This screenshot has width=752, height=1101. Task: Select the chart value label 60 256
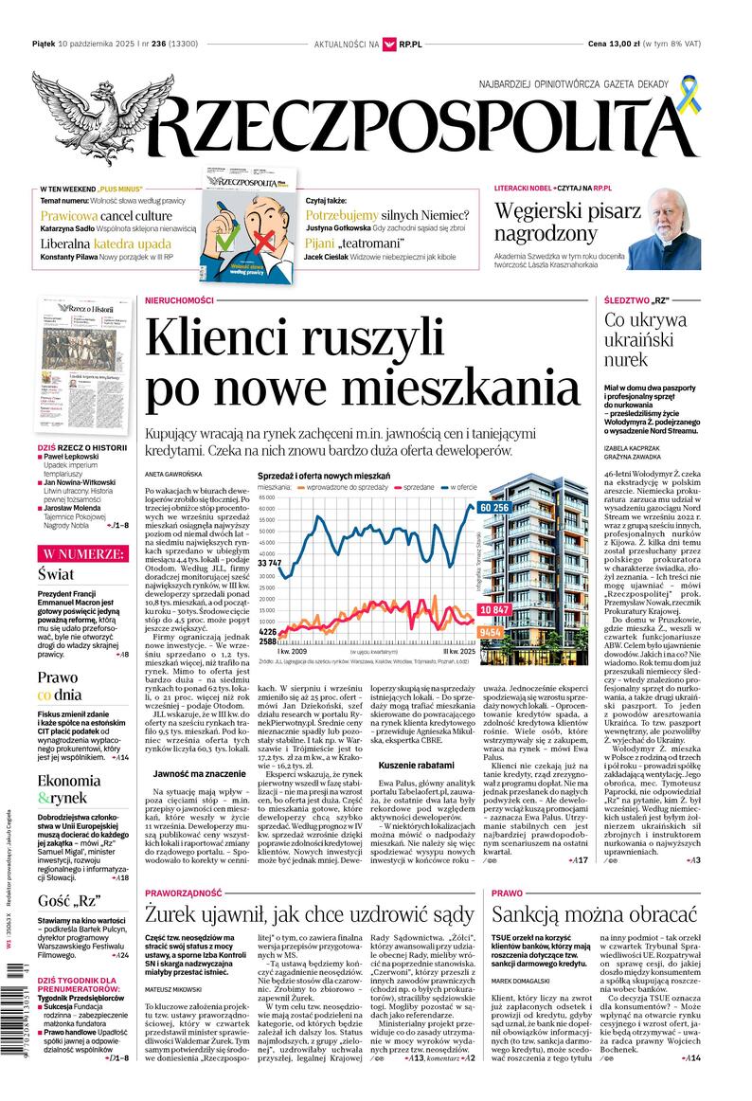(494, 508)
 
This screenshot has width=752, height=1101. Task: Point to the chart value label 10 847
(494, 609)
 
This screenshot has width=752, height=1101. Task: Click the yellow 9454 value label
(491, 631)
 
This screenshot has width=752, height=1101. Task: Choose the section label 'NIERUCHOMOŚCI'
(179, 300)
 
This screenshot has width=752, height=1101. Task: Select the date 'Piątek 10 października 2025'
(85, 44)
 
